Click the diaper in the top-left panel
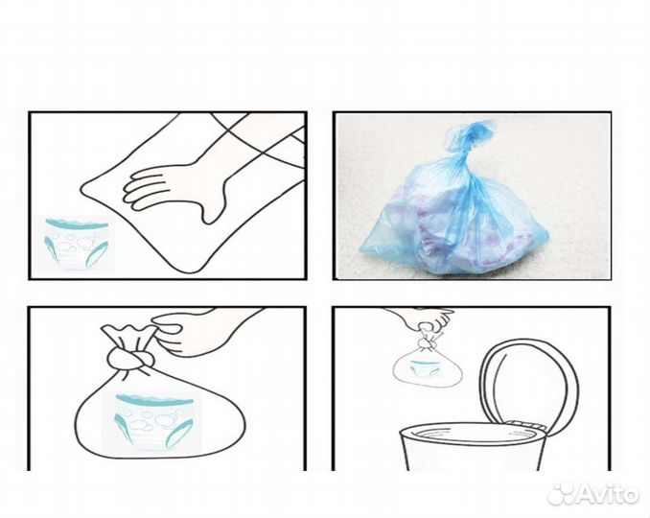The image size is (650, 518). (78, 244)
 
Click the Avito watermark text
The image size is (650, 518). (606, 493)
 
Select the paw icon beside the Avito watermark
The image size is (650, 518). (561, 493)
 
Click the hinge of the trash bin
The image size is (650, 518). (523, 424)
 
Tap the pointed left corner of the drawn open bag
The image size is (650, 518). (81, 191)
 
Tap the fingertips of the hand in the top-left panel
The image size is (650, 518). (132, 189)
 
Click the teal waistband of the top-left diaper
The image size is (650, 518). (77, 224)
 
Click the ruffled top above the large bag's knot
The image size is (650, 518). (129, 335)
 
